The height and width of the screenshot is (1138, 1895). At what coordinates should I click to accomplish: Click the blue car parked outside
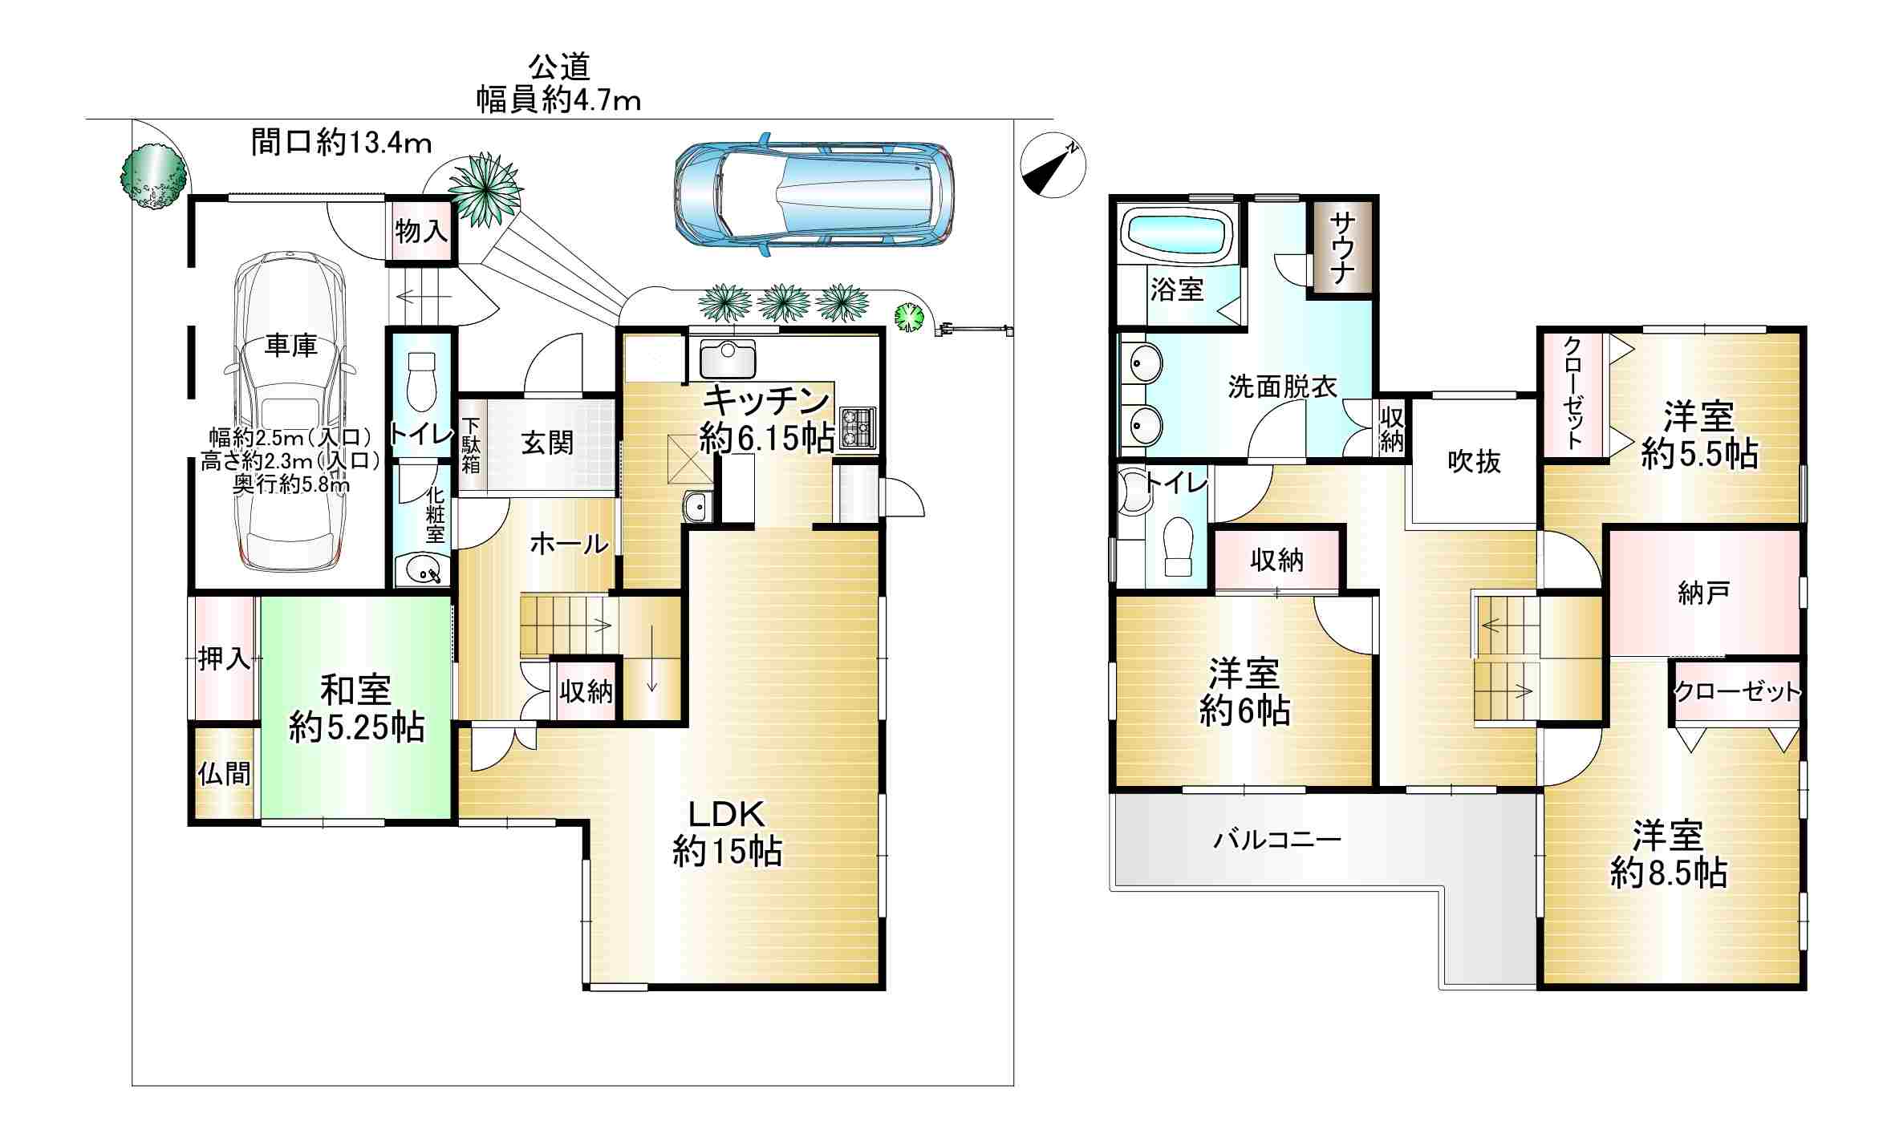click(814, 195)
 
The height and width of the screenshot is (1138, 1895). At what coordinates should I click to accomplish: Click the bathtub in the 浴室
click(1179, 233)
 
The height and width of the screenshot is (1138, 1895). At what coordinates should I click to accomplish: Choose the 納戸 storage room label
click(1703, 593)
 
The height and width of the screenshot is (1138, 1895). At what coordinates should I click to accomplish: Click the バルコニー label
click(1277, 840)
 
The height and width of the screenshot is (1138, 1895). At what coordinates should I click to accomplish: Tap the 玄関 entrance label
click(547, 443)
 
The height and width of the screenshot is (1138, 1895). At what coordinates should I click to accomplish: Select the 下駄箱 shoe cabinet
click(471, 445)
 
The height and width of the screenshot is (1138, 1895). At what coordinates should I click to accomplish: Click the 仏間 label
click(225, 774)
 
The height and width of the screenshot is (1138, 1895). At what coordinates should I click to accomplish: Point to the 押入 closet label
click(225, 659)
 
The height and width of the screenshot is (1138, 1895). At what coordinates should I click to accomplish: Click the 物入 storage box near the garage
click(420, 232)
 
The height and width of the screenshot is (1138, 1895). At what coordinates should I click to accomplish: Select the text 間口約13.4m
click(342, 143)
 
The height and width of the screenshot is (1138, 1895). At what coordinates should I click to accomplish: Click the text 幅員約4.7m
click(559, 100)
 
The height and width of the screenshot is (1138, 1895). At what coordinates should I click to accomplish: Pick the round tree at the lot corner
click(153, 176)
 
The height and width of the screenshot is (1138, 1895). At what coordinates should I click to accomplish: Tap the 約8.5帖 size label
click(1669, 873)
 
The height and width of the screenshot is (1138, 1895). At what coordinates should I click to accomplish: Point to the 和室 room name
click(356, 690)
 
